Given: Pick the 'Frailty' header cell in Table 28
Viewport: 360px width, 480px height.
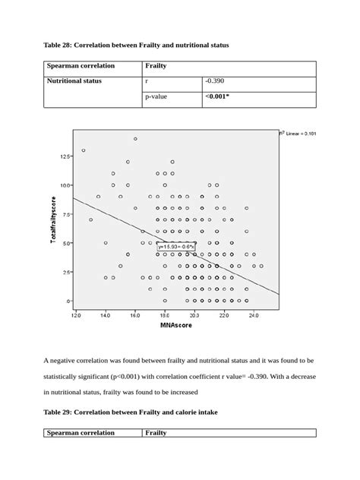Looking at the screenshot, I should pyautogui.click(x=156, y=66).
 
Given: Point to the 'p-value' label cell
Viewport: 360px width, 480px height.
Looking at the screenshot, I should pyautogui.click(x=156, y=97).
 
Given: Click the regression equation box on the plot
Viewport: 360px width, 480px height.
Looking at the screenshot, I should pyautogui.click(x=177, y=246).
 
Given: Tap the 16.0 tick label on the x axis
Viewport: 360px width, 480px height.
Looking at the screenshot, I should pyautogui.click(x=134, y=314).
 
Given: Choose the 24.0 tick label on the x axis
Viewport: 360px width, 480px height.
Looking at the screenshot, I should pyautogui.click(x=253, y=314).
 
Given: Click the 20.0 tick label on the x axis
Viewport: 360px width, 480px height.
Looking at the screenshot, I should pyautogui.click(x=194, y=314).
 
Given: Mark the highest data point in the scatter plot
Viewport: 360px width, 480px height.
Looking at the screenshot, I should pyautogui.click(x=135, y=139).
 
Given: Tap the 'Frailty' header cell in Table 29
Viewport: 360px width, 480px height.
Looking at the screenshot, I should pyautogui.click(x=157, y=433).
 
